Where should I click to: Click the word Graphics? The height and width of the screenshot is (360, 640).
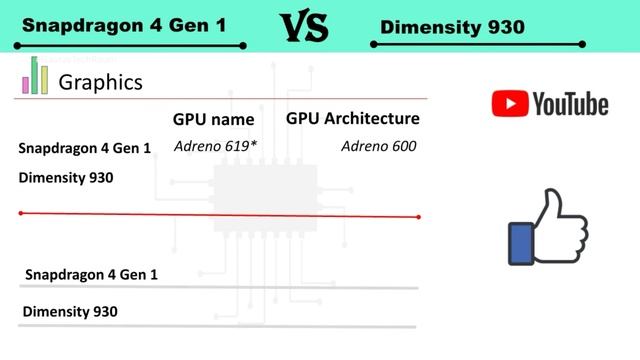point(100,82)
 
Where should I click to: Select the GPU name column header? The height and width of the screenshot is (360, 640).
point(214,119)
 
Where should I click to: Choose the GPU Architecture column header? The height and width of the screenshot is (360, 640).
point(353,119)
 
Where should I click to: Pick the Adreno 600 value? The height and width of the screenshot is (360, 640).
point(378,147)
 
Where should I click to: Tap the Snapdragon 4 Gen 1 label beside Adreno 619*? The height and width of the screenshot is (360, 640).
point(84,149)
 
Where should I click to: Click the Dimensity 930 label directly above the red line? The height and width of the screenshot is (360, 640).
point(66,178)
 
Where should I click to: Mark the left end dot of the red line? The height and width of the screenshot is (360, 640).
point(21,213)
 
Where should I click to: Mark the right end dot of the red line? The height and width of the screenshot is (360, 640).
point(418,217)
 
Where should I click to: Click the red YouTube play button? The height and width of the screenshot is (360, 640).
point(509,103)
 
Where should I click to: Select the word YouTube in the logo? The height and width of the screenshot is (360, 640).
point(570,103)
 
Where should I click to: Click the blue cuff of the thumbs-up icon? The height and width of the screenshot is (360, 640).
point(520,242)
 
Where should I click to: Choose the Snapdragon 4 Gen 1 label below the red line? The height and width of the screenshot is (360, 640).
point(91,274)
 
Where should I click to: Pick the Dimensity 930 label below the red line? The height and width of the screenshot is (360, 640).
point(70,311)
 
